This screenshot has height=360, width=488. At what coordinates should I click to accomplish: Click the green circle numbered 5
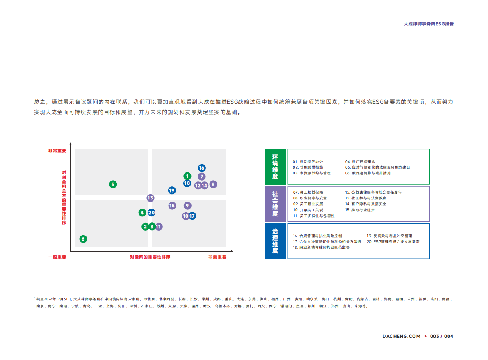pyautogui.click(x=113, y=184)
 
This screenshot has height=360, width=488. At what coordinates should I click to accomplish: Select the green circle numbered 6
pyautogui.click(x=83, y=239)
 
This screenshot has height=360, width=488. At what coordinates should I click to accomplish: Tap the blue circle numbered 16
pyautogui.click(x=202, y=168)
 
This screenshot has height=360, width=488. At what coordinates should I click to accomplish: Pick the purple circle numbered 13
pyautogui.click(x=151, y=198)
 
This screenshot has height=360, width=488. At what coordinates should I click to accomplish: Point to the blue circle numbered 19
pyautogui.click(x=172, y=190)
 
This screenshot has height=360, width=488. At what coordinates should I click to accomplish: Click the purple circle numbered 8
pyautogui.click(x=213, y=184)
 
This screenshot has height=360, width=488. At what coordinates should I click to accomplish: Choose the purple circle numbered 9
pyautogui.click(x=187, y=206)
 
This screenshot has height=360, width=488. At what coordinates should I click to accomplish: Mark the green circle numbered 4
pyautogui.click(x=142, y=213)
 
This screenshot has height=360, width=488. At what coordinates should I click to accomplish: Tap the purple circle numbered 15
pyautogui.click(x=172, y=206)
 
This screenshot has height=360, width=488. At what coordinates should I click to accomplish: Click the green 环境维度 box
pyautogui.click(x=275, y=167)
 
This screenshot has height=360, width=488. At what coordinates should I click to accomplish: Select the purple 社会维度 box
pyautogui.click(x=275, y=204)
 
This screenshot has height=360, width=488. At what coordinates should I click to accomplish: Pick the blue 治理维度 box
pyautogui.click(x=275, y=241)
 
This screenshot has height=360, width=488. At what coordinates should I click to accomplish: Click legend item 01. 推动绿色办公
pyautogui.click(x=308, y=162)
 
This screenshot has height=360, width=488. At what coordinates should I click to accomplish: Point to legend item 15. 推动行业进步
pyautogui.click(x=360, y=210)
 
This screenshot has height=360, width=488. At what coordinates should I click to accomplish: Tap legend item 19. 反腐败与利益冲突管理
pyautogui.click(x=389, y=236)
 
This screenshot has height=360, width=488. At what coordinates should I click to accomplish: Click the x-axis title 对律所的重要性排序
pyautogui.click(x=150, y=257)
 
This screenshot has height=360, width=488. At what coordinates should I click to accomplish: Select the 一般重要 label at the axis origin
pyautogui.click(x=57, y=257)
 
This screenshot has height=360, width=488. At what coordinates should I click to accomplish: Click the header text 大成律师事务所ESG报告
pyautogui.click(x=429, y=24)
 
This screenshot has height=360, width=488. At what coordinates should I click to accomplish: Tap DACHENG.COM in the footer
pyautogui.click(x=401, y=336)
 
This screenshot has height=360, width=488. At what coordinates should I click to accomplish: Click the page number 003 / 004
pyautogui.click(x=441, y=336)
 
